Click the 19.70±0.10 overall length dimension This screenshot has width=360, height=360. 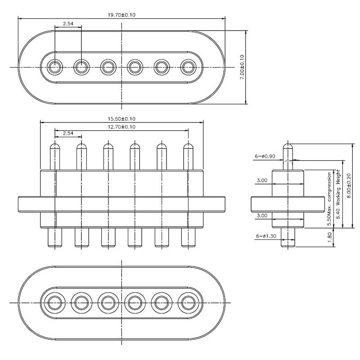121,15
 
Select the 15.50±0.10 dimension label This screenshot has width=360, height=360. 121,119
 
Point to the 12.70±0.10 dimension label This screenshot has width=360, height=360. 121,127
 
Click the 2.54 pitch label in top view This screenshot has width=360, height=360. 68,23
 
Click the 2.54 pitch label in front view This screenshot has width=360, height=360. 68,133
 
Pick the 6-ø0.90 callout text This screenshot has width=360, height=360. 265,156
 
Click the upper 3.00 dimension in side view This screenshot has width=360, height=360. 262,180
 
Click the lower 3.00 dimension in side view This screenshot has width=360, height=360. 262,216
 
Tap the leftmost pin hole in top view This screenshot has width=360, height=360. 55,67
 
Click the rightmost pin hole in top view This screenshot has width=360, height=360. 188,67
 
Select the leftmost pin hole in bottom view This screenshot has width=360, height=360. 55,301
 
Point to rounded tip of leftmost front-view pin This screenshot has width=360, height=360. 55,146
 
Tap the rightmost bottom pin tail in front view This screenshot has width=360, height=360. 188,238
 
